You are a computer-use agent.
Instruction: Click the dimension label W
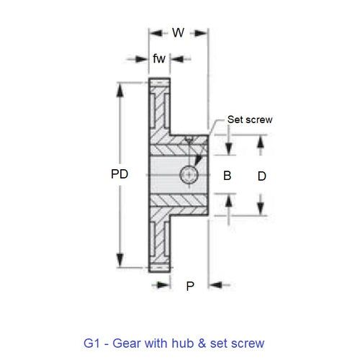(178, 32)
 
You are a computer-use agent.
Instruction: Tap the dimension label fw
(159, 58)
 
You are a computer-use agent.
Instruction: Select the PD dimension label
(120, 175)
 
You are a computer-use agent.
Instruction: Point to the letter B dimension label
(227, 176)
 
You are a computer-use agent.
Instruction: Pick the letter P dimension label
(190, 286)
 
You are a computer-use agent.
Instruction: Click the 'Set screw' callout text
(249, 120)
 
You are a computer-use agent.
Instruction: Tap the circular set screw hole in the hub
(189, 174)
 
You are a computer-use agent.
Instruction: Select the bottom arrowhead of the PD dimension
(120, 264)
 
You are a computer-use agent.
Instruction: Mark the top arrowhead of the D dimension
(261, 140)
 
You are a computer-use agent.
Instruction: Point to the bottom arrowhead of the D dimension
(261, 210)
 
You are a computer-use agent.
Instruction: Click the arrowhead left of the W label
(153, 32)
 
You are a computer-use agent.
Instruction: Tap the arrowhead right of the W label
(202, 32)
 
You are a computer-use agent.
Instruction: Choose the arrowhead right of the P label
(215, 286)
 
